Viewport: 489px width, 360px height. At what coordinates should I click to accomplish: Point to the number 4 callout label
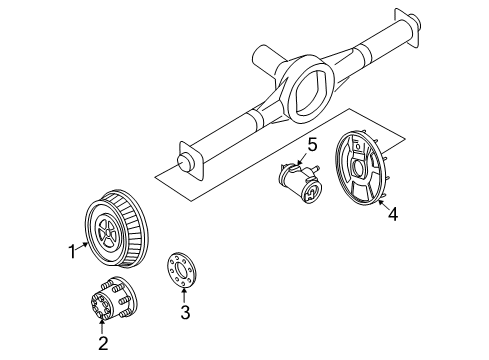pos(393,212)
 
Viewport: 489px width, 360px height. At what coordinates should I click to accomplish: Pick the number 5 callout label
pos(312,146)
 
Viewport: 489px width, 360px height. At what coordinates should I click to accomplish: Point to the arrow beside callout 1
pos(82,248)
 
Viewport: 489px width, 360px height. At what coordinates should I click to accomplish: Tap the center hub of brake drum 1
pos(104,233)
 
